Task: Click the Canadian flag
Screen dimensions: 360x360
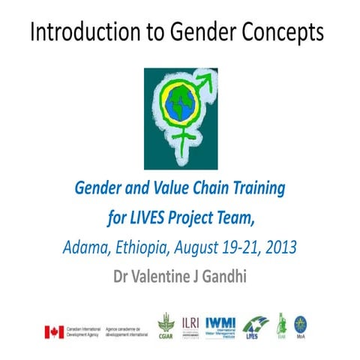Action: [53, 331]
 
